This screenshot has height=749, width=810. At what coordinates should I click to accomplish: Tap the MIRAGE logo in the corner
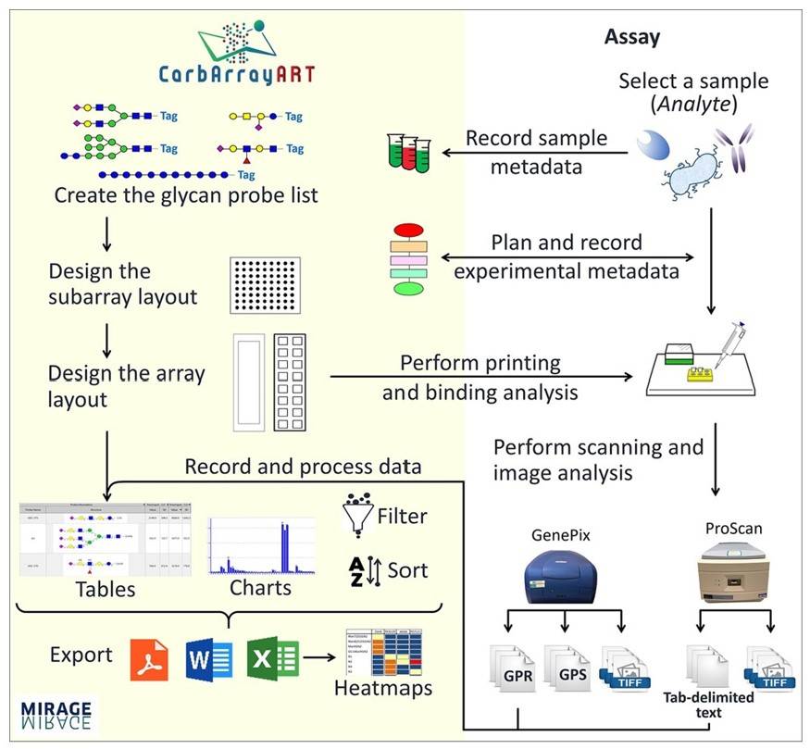tap(56, 713)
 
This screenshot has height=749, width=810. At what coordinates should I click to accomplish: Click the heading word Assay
tap(632, 37)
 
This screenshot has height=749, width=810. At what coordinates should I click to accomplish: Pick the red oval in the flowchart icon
tap(407, 231)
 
